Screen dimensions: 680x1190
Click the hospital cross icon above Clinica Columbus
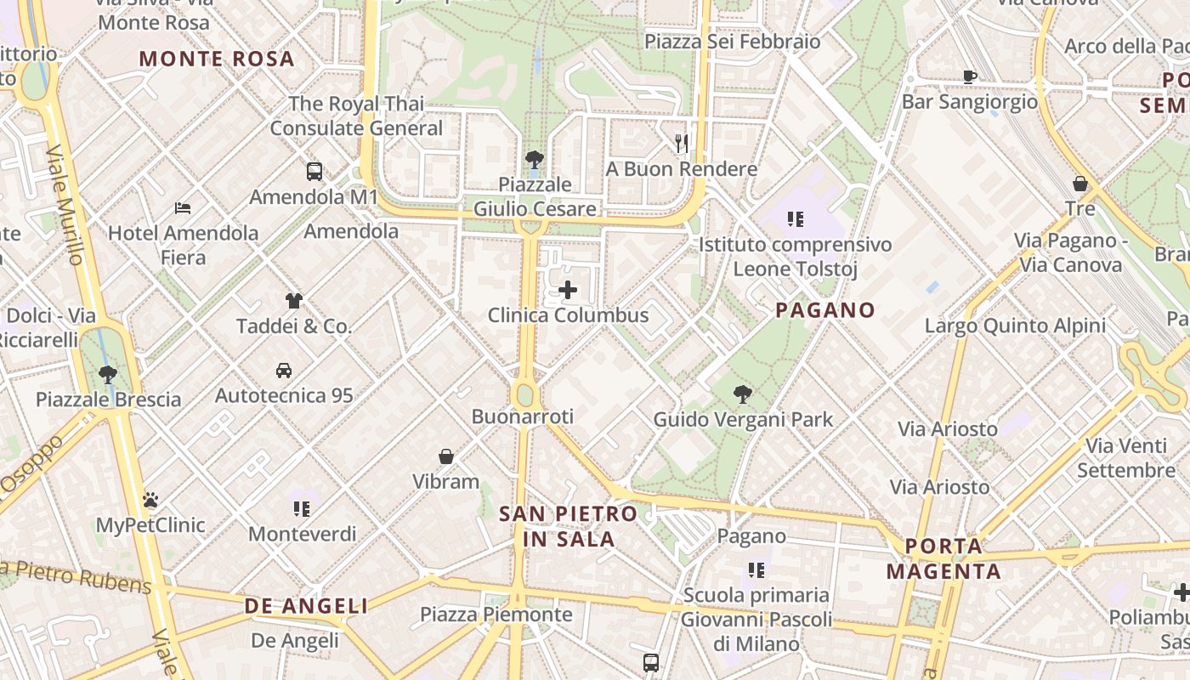tap(567, 291)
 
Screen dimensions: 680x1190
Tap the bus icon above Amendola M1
tap(314, 172)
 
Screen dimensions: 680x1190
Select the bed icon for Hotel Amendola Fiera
tap(183, 207)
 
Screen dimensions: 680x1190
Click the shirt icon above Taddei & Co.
tap(293, 301)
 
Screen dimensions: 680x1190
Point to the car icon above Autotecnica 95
tap(284, 371)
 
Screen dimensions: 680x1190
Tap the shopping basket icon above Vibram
tap(446, 456)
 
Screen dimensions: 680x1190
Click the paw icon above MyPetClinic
tap(150, 500)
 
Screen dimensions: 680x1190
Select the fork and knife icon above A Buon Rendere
tap(682, 143)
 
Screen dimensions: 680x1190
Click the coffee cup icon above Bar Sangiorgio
tap(970, 76)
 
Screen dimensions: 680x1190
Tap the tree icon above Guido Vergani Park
tap(743, 394)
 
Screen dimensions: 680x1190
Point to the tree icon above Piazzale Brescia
tap(108, 374)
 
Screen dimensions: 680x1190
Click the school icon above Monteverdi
tap(302, 508)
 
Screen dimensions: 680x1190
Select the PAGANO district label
tap(824, 310)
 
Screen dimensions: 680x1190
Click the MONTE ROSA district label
tap(217, 59)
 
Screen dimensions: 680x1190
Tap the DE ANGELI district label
tap(306, 606)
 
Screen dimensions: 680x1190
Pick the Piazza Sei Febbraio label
tap(732, 42)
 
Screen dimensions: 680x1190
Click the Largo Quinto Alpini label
tap(1015, 326)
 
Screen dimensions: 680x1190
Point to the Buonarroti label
tap(523, 416)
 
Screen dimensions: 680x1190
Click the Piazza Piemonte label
tap(496, 614)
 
